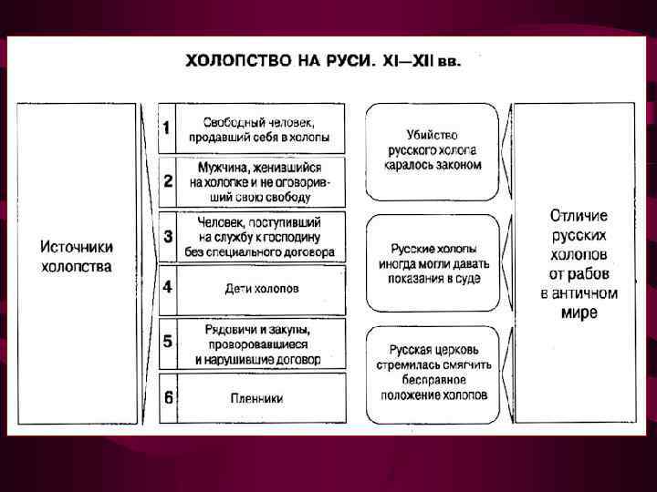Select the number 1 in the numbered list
point(166,128)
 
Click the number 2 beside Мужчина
point(167,180)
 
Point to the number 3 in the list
point(167,236)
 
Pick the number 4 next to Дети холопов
point(167,288)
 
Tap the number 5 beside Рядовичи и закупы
point(167,343)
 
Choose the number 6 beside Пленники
point(167,398)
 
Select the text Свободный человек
point(259,121)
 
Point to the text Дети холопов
point(261,289)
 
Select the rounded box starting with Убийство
point(433,150)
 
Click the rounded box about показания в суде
point(433,263)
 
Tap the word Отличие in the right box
point(579,216)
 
